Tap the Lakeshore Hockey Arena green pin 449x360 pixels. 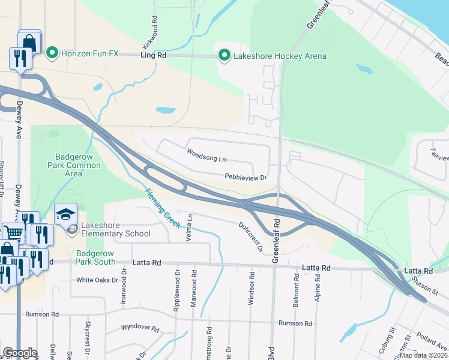224,56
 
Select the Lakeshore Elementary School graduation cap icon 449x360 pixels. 66,213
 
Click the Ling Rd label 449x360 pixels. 153,55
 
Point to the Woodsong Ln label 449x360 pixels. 206,155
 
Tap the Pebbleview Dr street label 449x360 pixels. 246,177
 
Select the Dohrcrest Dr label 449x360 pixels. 252,236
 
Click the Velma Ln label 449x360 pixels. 190,226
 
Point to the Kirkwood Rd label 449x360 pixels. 149,35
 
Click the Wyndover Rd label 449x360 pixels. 139,329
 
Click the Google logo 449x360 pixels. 20,353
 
